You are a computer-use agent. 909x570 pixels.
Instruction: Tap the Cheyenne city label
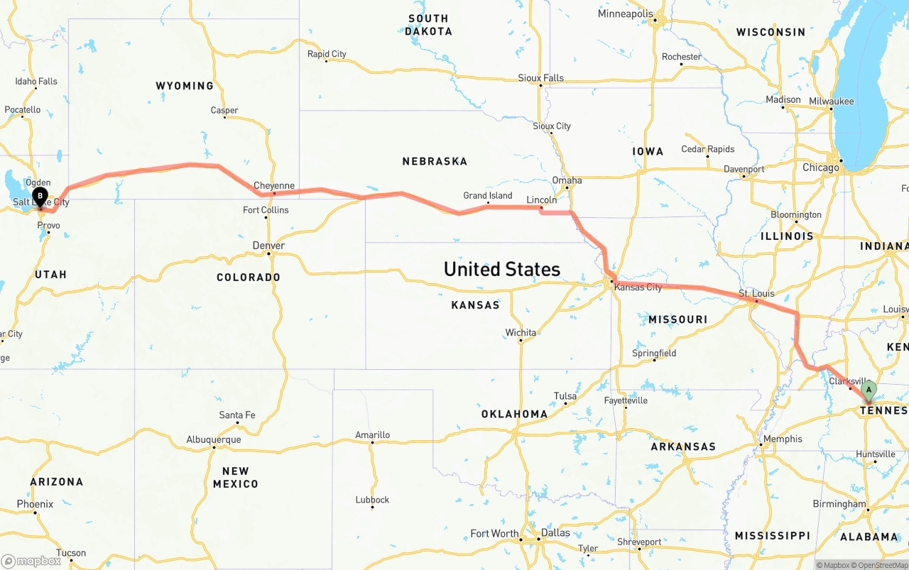273,186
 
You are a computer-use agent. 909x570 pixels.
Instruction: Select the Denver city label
268,246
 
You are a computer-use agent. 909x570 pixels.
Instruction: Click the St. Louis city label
756,293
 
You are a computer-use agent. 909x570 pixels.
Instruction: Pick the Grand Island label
487,196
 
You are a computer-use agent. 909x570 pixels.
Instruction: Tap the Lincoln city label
541,200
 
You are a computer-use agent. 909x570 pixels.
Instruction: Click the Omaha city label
567,180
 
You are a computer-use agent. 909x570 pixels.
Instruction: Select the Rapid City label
327,54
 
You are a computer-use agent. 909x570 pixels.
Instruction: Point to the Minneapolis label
625,13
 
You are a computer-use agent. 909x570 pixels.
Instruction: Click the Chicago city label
820,168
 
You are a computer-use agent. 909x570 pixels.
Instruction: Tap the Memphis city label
783,439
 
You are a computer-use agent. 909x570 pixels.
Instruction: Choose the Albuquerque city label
213,439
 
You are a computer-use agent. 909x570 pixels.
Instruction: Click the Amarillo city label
372,435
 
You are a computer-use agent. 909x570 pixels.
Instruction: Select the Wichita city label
521,332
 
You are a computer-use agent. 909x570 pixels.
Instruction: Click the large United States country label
501,269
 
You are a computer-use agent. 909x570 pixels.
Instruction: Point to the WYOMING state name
185,86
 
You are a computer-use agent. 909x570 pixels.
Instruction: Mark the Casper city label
224,110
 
